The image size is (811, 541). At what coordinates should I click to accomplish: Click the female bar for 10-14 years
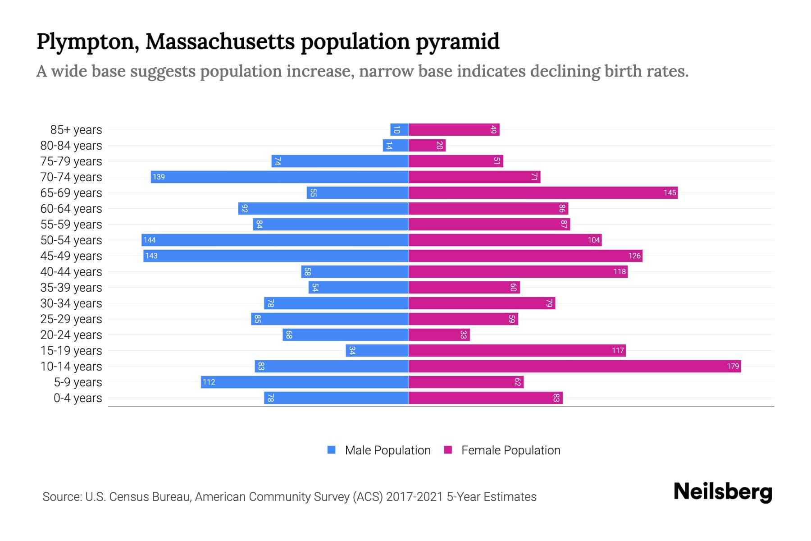[574, 367]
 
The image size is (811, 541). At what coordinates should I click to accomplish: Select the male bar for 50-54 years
[275, 240]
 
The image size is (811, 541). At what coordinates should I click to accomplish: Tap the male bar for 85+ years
[400, 130]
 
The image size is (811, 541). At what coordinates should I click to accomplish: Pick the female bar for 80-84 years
[427, 146]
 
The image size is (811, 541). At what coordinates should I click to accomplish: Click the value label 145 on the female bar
[670, 193]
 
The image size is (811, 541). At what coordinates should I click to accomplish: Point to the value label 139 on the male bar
[159, 177]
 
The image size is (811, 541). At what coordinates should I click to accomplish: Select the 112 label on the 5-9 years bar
[209, 382]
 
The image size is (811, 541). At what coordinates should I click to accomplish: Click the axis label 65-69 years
[71, 193]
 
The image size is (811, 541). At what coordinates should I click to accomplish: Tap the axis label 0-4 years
[77, 398]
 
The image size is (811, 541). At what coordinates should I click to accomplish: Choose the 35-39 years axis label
[71, 288]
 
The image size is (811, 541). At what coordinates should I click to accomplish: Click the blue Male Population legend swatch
[332, 450]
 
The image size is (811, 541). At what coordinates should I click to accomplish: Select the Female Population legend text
[510, 450]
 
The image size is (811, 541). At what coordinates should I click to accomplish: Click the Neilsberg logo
[723, 492]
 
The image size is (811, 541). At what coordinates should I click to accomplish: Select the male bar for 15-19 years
[377, 351]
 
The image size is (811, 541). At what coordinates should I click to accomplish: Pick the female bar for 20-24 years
[439, 335]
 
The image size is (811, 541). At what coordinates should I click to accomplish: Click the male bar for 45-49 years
[276, 256]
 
